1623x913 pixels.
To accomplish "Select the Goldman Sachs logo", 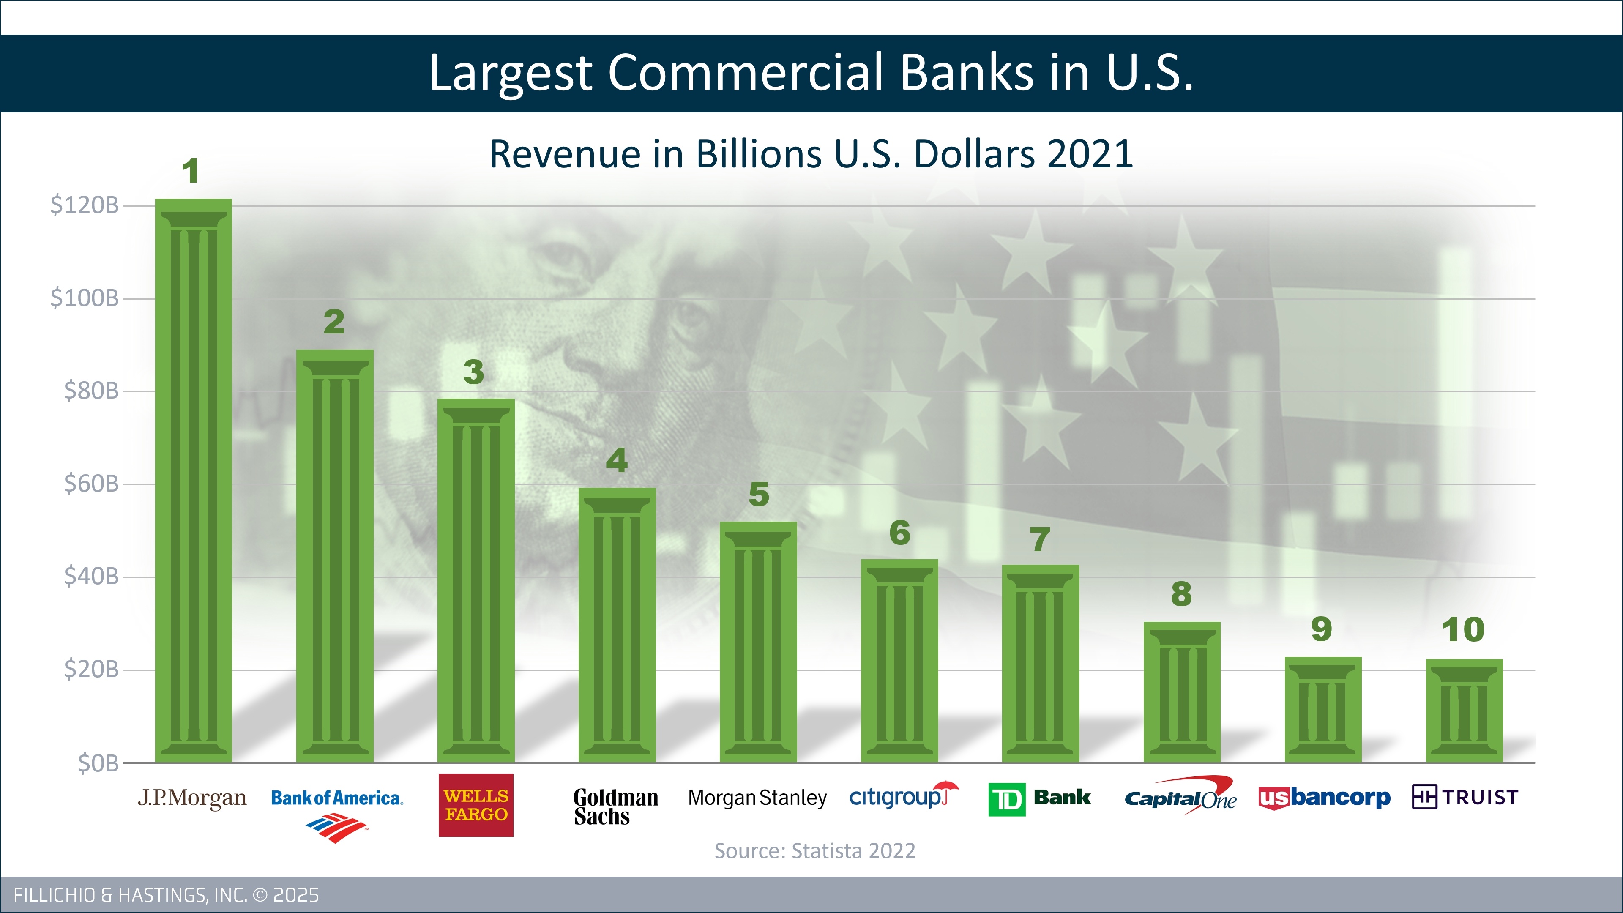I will click(x=615, y=806).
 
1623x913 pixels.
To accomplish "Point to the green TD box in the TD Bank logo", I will click(x=1007, y=799).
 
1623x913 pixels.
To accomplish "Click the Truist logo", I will click(x=1465, y=797).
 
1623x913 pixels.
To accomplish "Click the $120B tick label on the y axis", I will click(x=85, y=205).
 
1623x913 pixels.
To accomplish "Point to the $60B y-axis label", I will click(x=91, y=484).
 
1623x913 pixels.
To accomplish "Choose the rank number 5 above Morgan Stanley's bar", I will click(x=759, y=494).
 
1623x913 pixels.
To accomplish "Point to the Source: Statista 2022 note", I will click(x=814, y=850).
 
